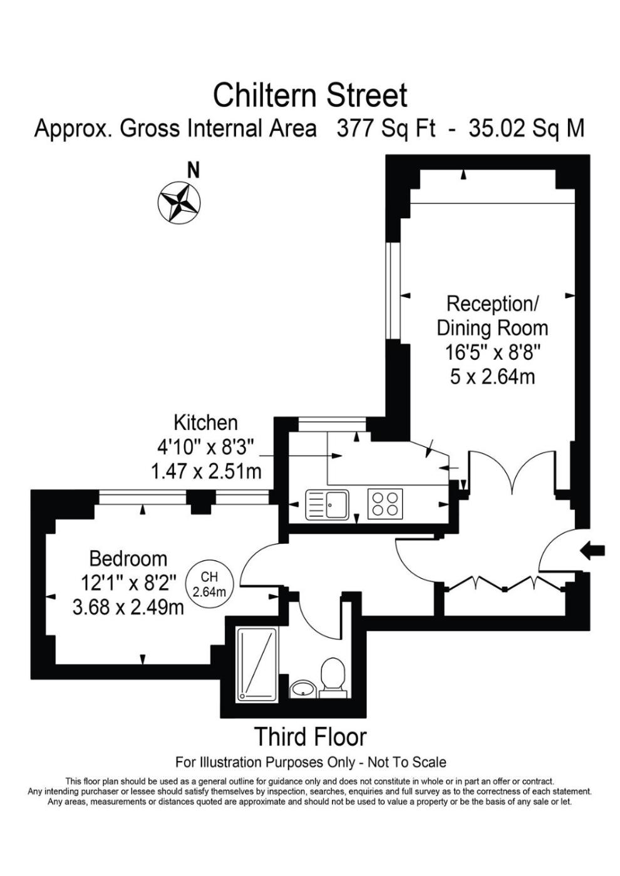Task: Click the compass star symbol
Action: pyautogui.click(x=179, y=203)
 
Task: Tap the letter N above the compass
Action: pyautogui.click(x=194, y=170)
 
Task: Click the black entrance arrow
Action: pyautogui.click(x=592, y=551)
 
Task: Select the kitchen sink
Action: pyautogui.click(x=327, y=505)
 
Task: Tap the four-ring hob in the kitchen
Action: pyautogui.click(x=385, y=504)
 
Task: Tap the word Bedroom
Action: pyautogui.click(x=128, y=559)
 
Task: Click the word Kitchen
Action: pyautogui.click(x=205, y=423)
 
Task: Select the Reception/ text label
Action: pyautogui.click(x=493, y=304)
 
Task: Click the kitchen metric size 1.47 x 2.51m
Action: pyautogui.click(x=206, y=472)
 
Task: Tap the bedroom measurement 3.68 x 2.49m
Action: pyautogui.click(x=128, y=608)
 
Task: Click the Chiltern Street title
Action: pyautogui.click(x=310, y=95)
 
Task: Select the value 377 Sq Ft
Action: pyautogui.click(x=386, y=128)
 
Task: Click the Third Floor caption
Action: pyautogui.click(x=311, y=737)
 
